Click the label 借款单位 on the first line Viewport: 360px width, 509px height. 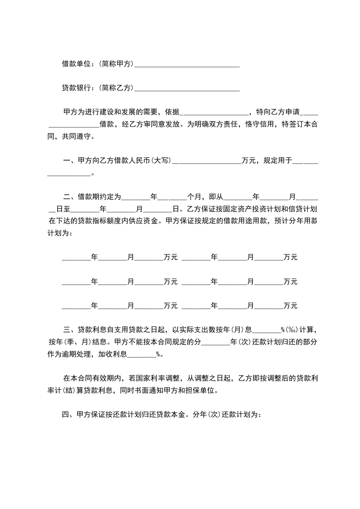[77, 64]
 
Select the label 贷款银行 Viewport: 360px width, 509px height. [77, 88]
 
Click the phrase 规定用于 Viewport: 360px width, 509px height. [276, 160]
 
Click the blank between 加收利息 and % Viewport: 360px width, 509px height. [142, 355]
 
